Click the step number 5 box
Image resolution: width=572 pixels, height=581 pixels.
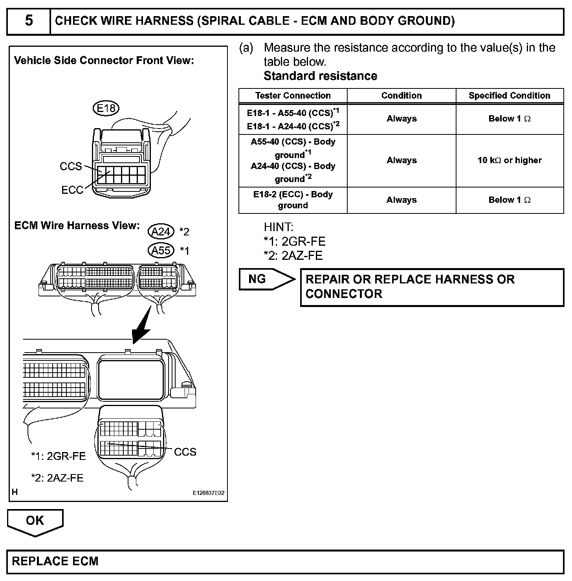click(29, 21)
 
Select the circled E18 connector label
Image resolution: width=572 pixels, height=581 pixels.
click(106, 108)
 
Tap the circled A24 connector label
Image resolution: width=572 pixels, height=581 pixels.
click(161, 232)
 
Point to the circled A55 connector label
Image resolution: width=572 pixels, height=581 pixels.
click(161, 250)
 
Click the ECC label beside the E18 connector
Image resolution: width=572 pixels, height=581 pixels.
click(72, 190)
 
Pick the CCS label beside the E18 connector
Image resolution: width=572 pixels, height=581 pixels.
click(71, 166)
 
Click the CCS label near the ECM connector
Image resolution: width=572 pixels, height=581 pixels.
click(185, 452)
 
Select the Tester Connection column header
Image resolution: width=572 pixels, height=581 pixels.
click(293, 96)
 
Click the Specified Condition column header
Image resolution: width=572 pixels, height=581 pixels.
click(509, 96)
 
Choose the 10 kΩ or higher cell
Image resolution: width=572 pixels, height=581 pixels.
click(509, 160)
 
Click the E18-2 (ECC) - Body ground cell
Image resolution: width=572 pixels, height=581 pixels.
click(293, 200)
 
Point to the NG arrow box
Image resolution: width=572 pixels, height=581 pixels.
click(267, 279)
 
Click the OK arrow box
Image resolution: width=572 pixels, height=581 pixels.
click(35, 521)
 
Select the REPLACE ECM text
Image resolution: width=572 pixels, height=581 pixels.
click(55, 561)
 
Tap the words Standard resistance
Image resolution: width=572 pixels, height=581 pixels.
click(320, 76)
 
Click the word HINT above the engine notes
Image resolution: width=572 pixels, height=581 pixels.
click(278, 227)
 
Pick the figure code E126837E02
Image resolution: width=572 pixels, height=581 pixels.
click(208, 493)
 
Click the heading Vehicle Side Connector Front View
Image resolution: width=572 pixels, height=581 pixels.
click(104, 61)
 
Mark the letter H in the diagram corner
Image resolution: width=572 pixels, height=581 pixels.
click(15, 492)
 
